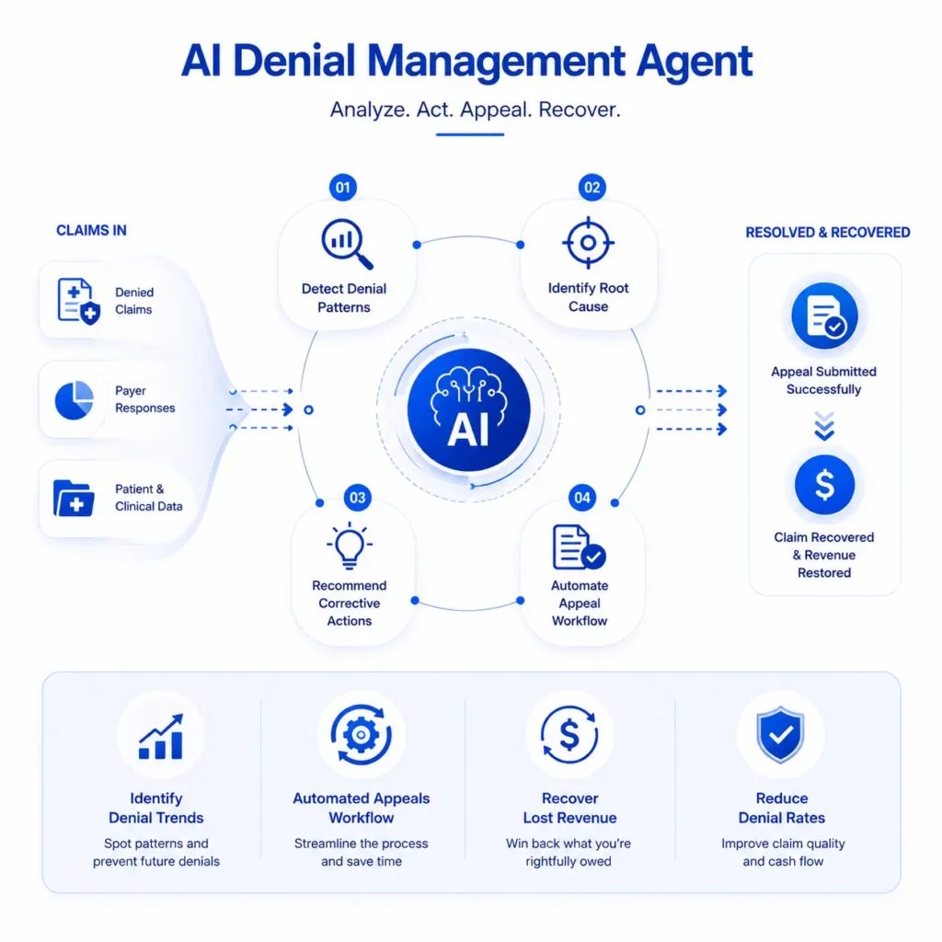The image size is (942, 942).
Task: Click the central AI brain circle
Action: (468, 409)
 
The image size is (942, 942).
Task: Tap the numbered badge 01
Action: (343, 188)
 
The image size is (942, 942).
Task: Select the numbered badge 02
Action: (592, 188)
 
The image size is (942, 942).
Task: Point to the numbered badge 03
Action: (358, 498)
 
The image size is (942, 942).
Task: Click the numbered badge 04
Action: (582, 498)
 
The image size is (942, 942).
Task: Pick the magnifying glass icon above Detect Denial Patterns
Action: (347, 244)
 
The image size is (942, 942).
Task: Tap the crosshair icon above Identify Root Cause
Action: (588, 243)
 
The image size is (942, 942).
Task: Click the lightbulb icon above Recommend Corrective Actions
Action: (350, 545)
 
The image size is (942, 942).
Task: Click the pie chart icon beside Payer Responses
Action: (74, 400)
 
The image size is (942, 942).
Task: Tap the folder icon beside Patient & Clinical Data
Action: (74, 498)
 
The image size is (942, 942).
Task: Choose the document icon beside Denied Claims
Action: (78, 301)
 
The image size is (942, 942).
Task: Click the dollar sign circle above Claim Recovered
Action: (824, 485)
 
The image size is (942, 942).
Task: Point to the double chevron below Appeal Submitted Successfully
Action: (824, 426)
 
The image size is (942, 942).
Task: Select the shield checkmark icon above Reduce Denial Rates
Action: (780, 735)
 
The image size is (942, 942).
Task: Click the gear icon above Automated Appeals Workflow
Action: (361, 734)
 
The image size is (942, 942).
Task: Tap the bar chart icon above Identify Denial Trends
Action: (161, 737)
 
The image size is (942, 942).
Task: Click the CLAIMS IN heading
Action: (91, 231)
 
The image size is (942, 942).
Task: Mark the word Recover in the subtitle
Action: (580, 110)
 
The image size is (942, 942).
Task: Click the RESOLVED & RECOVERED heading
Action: (828, 233)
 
